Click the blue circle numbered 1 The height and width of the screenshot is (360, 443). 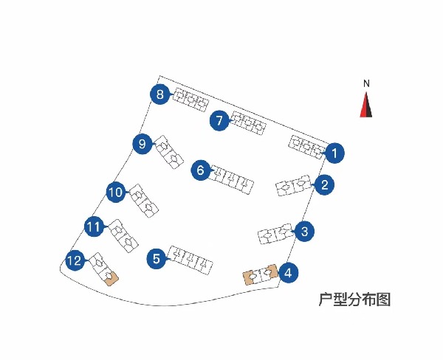click(334, 153)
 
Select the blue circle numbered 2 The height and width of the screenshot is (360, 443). click(323, 185)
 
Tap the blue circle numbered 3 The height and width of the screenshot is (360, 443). click(305, 232)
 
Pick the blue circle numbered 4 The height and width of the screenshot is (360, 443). click(288, 273)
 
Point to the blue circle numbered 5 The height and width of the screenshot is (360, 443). click(156, 259)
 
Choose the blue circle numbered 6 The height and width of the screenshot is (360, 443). click(201, 170)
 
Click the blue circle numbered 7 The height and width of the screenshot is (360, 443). click(219, 121)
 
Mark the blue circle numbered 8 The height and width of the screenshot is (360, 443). click(160, 94)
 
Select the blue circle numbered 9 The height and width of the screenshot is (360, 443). click(142, 144)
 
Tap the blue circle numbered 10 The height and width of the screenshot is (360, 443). click(115, 193)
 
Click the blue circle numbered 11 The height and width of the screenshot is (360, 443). click(93, 227)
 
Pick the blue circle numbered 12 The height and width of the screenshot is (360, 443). click(75, 260)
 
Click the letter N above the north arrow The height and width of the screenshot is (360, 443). click(366, 83)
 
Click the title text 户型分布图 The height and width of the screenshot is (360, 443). click(354, 300)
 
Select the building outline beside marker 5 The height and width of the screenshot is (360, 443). click(191, 260)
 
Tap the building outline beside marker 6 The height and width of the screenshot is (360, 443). click(232, 179)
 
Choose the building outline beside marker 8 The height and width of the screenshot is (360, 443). click(190, 100)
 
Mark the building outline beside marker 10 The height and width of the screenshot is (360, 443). click(142, 201)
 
